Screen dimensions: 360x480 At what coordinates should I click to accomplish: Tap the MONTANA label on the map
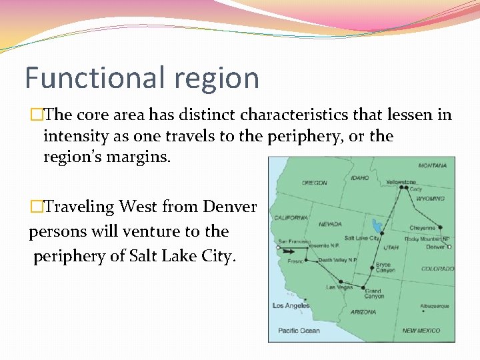[433, 165]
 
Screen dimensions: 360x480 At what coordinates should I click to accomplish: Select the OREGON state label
[314, 183]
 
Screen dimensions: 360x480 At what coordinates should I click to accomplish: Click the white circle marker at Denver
[449, 247]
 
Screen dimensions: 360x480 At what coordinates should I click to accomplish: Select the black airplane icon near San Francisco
[287, 251]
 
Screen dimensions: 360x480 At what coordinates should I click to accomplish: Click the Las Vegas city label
[339, 287]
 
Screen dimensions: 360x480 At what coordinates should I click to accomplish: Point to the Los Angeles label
[291, 306]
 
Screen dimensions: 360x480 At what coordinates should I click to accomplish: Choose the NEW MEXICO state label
[421, 331]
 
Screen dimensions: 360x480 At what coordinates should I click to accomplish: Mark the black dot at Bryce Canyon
[372, 268]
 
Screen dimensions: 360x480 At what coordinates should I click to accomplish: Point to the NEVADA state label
[330, 225]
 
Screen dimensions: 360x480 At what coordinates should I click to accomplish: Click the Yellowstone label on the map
[401, 182]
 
